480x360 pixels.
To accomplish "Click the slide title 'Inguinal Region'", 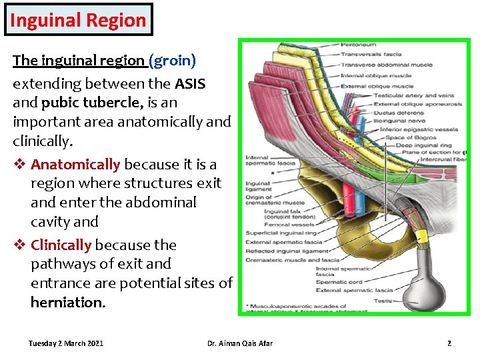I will [x=77, y=20].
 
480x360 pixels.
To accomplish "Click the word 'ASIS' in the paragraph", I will [x=190, y=84].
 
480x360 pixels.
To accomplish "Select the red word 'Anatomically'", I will [x=75, y=164].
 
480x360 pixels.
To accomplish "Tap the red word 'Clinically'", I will [x=61, y=245].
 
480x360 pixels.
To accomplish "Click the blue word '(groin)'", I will [x=173, y=61].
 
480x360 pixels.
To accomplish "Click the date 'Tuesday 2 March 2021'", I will [x=65, y=343].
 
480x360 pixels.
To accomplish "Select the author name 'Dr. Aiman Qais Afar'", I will [x=239, y=343].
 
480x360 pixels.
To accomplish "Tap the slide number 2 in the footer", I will [x=449, y=343].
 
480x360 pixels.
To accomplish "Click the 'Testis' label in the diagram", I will [x=382, y=300].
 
